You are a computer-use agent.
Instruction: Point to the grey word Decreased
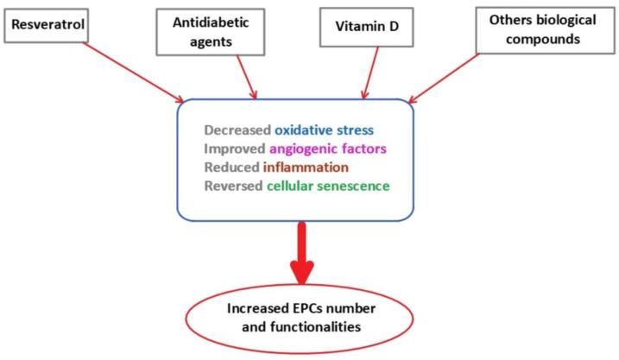[x=237, y=131]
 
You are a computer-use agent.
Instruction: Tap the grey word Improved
[x=234, y=148]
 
